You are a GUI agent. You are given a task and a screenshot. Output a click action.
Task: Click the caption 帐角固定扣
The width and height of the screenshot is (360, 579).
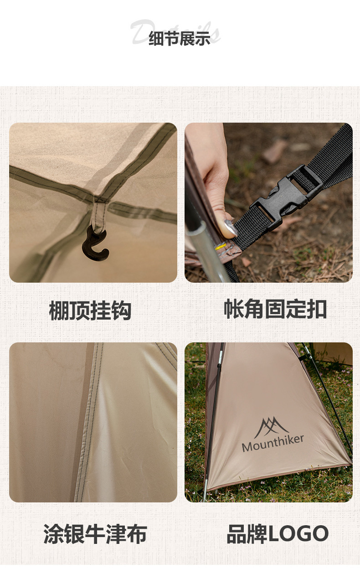pyautogui.click(x=275, y=310)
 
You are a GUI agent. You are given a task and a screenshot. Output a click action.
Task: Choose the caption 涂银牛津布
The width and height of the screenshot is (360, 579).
pyautogui.click(x=95, y=534)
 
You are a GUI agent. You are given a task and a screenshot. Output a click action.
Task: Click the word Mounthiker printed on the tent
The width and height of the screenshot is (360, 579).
pyautogui.click(x=273, y=443)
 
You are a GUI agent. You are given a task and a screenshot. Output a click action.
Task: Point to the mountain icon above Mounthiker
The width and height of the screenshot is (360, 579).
pyautogui.click(x=272, y=427)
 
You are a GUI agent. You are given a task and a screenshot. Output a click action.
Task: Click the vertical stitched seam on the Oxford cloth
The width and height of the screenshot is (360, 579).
pyautogui.click(x=89, y=419)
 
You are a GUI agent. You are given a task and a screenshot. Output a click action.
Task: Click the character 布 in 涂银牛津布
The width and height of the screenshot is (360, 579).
pyautogui.click(x=136, y=534)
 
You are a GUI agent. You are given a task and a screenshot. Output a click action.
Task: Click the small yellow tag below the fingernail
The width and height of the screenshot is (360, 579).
pyautogui.click(x=221, y=246)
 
